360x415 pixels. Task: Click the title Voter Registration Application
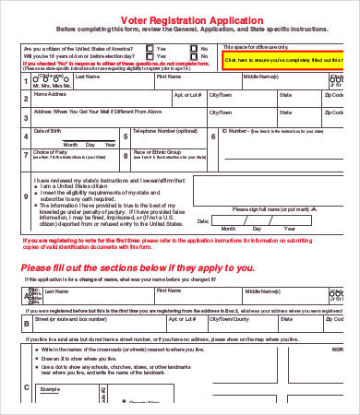(x=179, y=18)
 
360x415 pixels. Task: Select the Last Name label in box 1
(x=88, y=77)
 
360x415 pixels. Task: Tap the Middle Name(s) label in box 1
(x=259, y=77)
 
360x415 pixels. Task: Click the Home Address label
(x=50, y=94)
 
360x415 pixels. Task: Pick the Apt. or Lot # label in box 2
(x=187, y=94)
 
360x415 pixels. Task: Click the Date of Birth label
(x=50, y=130)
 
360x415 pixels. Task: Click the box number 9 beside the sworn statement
(x=26, y=197)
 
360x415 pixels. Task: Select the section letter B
(x=26, y=324)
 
